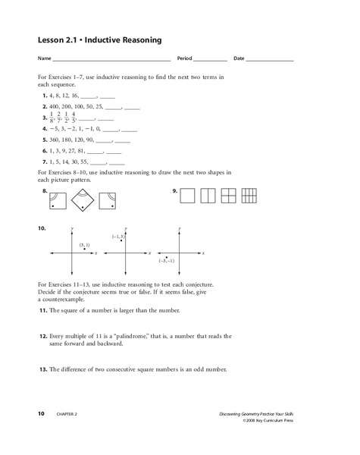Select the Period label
(x=186, y=59)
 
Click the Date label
(x=239, y=59)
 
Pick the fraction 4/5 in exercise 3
(x=83, y=118)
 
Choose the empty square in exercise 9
(x=188, y=196)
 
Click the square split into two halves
(x=207, y=196)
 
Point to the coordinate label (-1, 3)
(x=117, y=237)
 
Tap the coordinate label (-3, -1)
(x=166, y=260)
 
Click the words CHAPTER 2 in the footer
(x=64, y=413)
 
